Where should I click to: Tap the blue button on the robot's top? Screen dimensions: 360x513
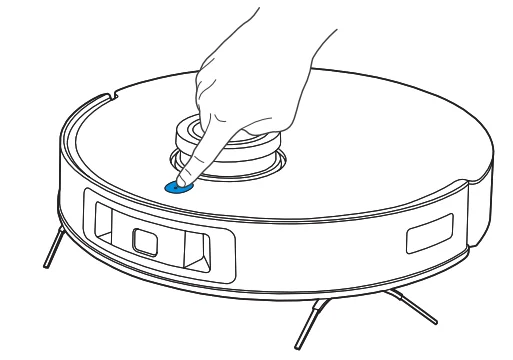click(x=178, y=186)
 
